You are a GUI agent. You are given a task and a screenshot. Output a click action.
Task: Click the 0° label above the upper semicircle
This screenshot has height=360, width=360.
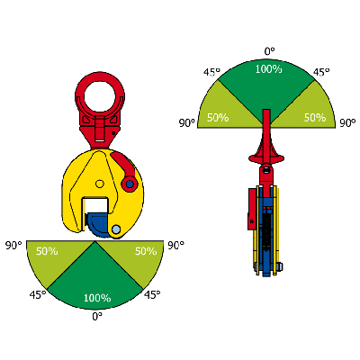click(269, 51)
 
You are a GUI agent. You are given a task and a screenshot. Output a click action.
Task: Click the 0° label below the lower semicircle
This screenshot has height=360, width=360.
click(97, 316)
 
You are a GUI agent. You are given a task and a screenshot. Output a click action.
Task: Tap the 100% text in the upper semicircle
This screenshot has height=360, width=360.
click(269, 69)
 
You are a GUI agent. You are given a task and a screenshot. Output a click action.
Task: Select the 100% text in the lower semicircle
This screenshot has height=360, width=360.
click(97, 298)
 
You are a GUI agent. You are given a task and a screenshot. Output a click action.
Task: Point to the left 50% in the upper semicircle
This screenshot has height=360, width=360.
click(218, 117)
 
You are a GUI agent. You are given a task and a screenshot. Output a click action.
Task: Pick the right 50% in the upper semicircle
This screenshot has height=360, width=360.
click(315, 117)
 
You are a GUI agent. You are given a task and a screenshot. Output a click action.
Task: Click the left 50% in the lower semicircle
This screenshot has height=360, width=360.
click(47, 251)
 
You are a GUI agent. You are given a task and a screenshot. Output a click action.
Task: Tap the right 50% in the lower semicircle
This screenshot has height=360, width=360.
click(146, 251)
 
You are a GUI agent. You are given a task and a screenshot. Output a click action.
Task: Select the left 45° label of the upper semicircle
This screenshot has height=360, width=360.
click(211, 72)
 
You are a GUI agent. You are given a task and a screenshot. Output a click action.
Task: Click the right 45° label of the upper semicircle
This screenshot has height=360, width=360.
click(321, 72)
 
